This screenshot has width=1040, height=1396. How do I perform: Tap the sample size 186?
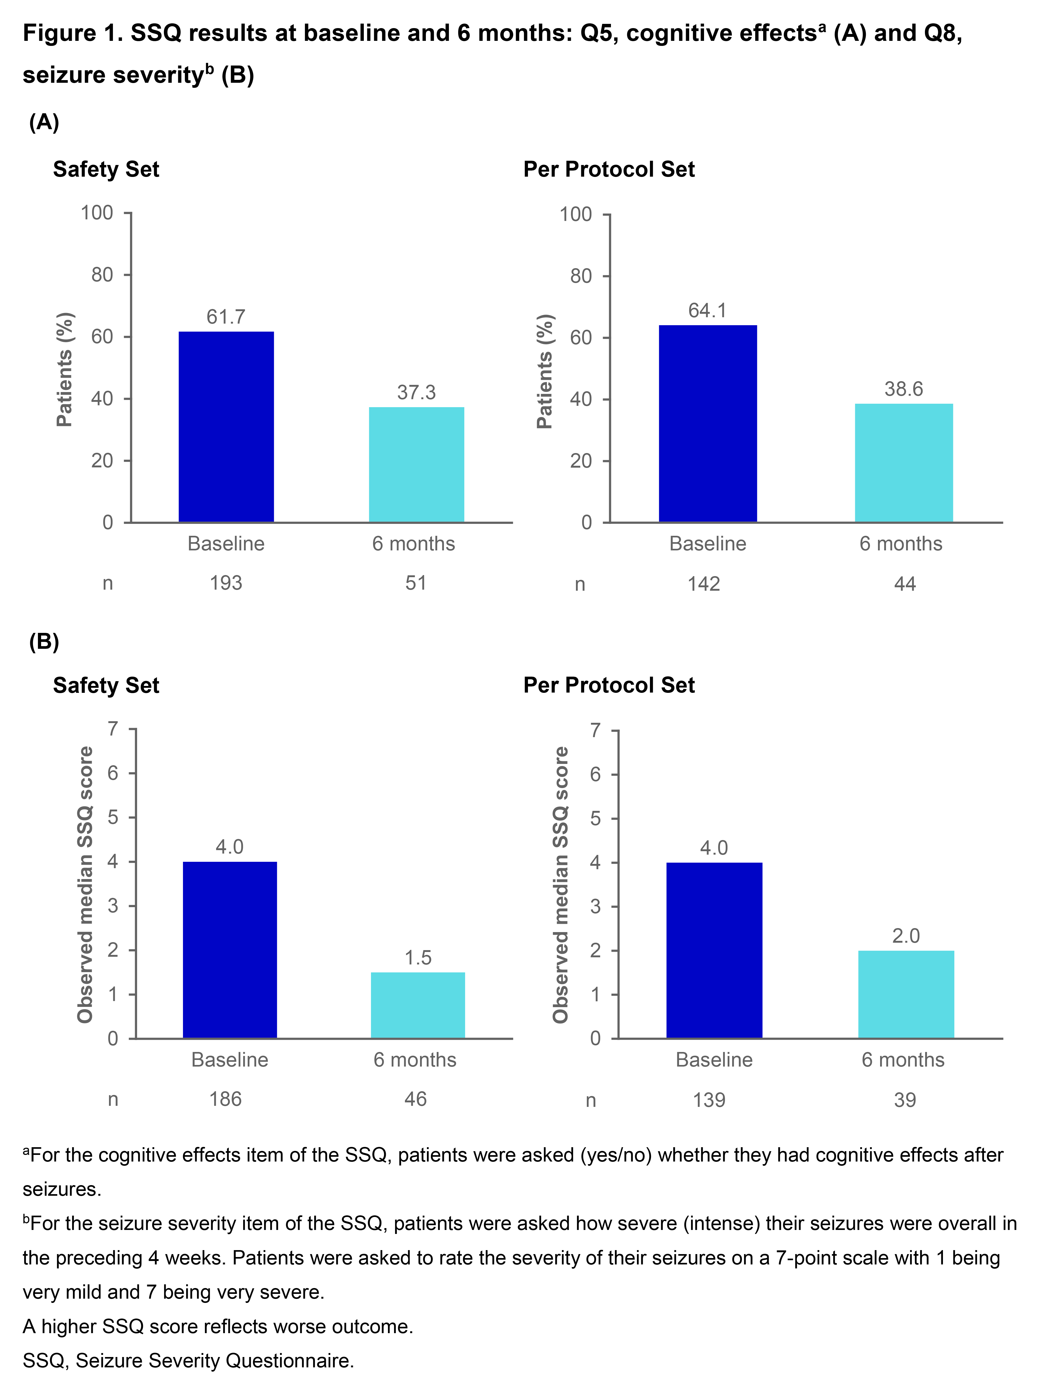(x=225, y=1099)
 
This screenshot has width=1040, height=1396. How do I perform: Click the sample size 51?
(x=416, y=583)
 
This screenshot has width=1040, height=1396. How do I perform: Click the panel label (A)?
(x=44, y=122)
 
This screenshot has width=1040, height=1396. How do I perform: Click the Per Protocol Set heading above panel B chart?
(x=609, y=685)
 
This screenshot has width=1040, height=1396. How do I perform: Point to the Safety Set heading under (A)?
(x=106, y=169)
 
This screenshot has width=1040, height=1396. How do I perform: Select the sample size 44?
(x=905, y=584)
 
